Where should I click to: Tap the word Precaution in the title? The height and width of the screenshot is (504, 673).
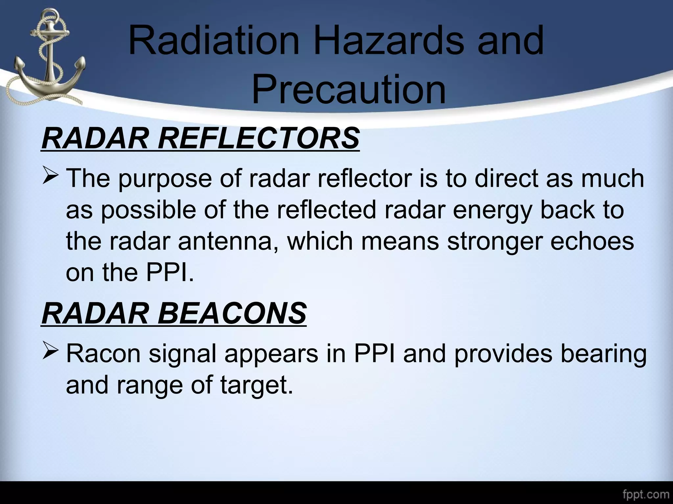pos(349,89)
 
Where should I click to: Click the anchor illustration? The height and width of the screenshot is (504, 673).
pos(46,56)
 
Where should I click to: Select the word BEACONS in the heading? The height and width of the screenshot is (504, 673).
pos(232,313)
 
